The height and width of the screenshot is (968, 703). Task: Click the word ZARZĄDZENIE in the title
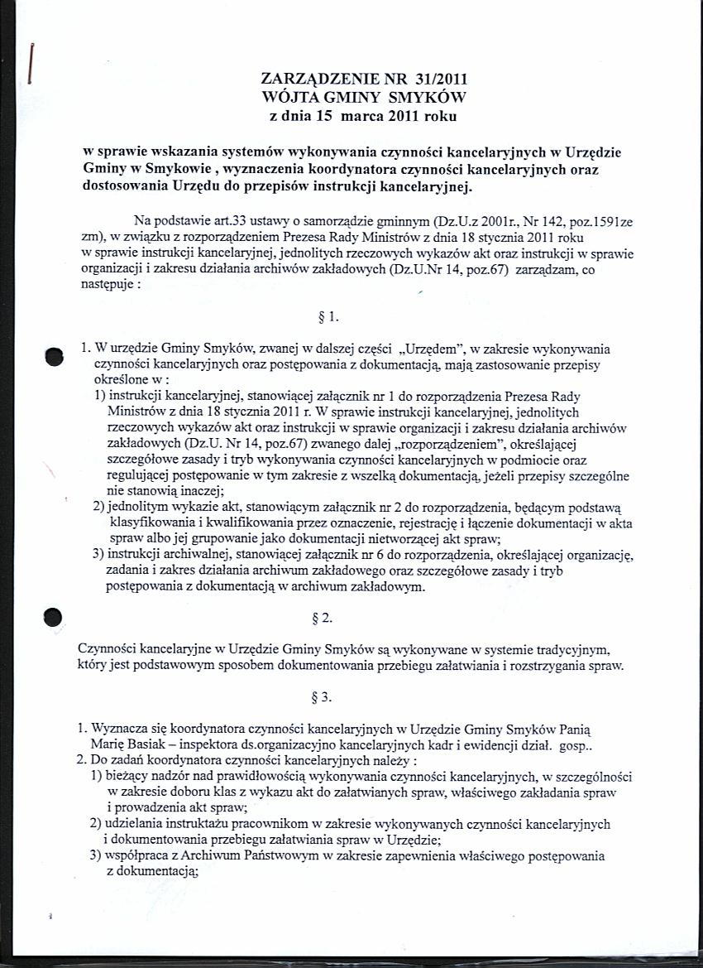310,80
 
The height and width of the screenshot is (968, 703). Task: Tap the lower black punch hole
54,619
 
